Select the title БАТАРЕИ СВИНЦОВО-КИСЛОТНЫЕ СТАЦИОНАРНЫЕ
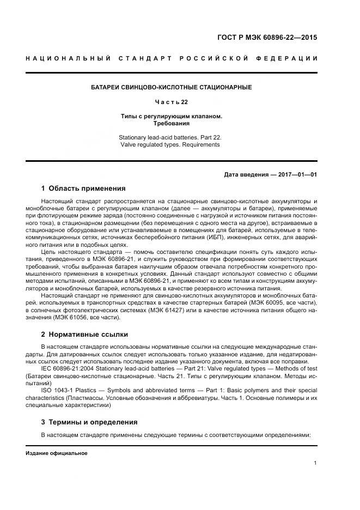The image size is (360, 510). coord(171,87)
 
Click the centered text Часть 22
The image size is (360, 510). coord(171,102)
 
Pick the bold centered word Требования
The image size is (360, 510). coord(171,124)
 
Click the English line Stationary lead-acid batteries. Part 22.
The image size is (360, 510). coord(171,138)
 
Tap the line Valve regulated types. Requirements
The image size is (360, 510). coord(171,145)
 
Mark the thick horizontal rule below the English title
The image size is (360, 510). coord(171,161)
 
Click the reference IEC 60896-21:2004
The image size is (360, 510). coord(68,369)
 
